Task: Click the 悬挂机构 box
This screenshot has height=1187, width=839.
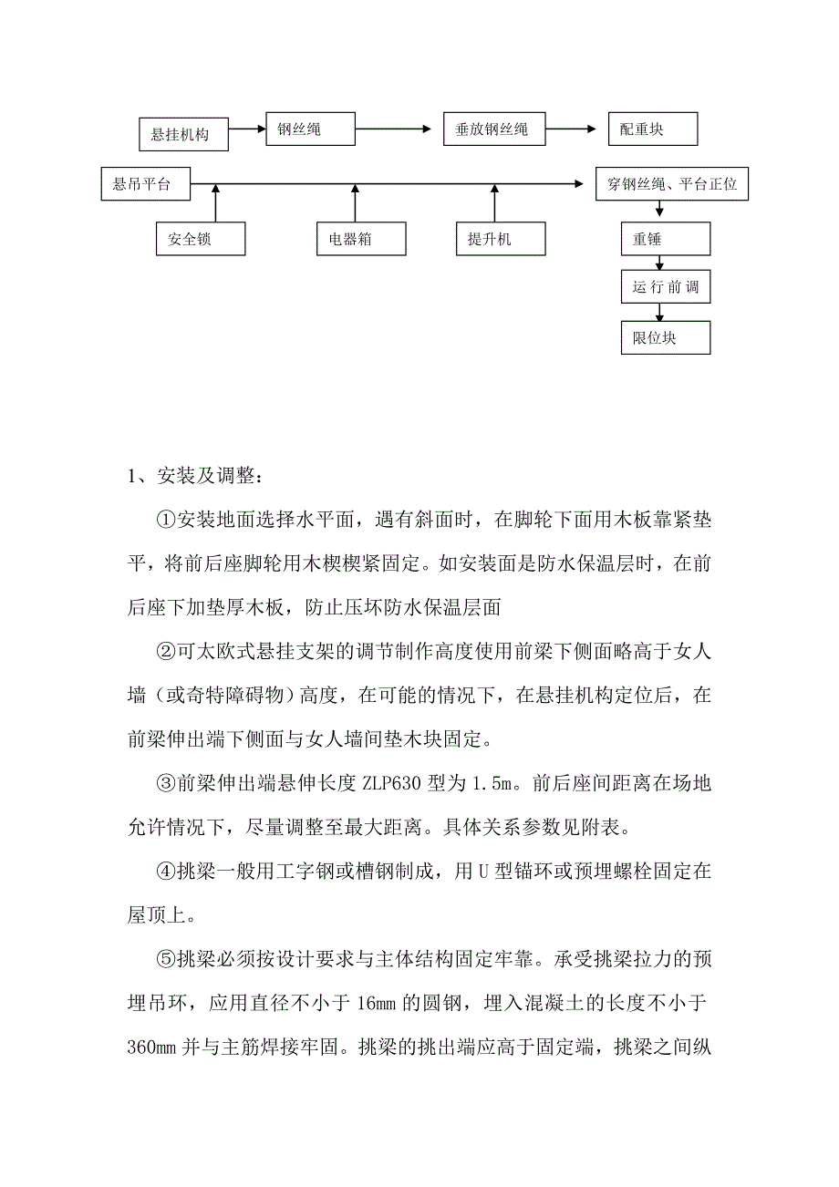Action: click(x=183, y=134)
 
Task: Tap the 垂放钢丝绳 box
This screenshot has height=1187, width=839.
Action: click(x=493, y=129)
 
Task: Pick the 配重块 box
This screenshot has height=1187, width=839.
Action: click(x=652, y=129)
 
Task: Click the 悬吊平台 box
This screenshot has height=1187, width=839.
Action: click(x=146, y=183)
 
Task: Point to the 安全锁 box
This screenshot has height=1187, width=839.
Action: click(x=201, y=239)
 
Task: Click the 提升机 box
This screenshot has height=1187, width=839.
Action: click(x=501, y=239)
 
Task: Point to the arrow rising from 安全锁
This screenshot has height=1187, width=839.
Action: click(x=216, y=202)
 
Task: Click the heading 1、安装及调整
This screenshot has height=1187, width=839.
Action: click(x=196, y=477)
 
